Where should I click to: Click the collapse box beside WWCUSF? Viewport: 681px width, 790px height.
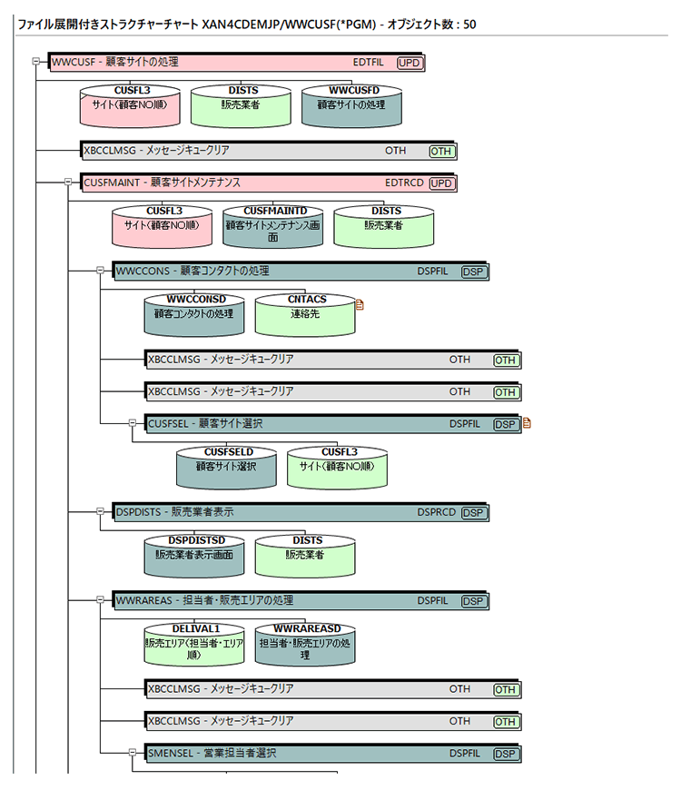[36, 62]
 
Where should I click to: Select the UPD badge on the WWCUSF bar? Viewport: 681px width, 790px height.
[409, 63]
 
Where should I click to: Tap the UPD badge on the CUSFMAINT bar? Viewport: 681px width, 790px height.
[441, 183]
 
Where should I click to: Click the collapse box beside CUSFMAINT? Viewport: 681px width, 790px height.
[68, 182]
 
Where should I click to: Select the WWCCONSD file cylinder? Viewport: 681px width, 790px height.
[194, 315]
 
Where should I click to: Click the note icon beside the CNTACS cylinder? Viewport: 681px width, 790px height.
[360, 305]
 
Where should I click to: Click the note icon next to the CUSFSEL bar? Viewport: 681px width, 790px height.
[527, 422]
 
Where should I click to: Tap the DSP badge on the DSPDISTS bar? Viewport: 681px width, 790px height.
[473, 513]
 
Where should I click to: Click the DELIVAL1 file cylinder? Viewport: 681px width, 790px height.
[195, 644]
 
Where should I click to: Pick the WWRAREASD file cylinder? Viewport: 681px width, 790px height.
[306, 644]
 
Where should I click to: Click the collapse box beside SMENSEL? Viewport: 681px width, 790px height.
[132, 753]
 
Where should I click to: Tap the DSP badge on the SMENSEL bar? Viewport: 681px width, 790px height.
[505, 754]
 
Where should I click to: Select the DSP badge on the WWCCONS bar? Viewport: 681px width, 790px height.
[473, 272]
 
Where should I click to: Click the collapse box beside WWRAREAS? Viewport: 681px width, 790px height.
[100, 599]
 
